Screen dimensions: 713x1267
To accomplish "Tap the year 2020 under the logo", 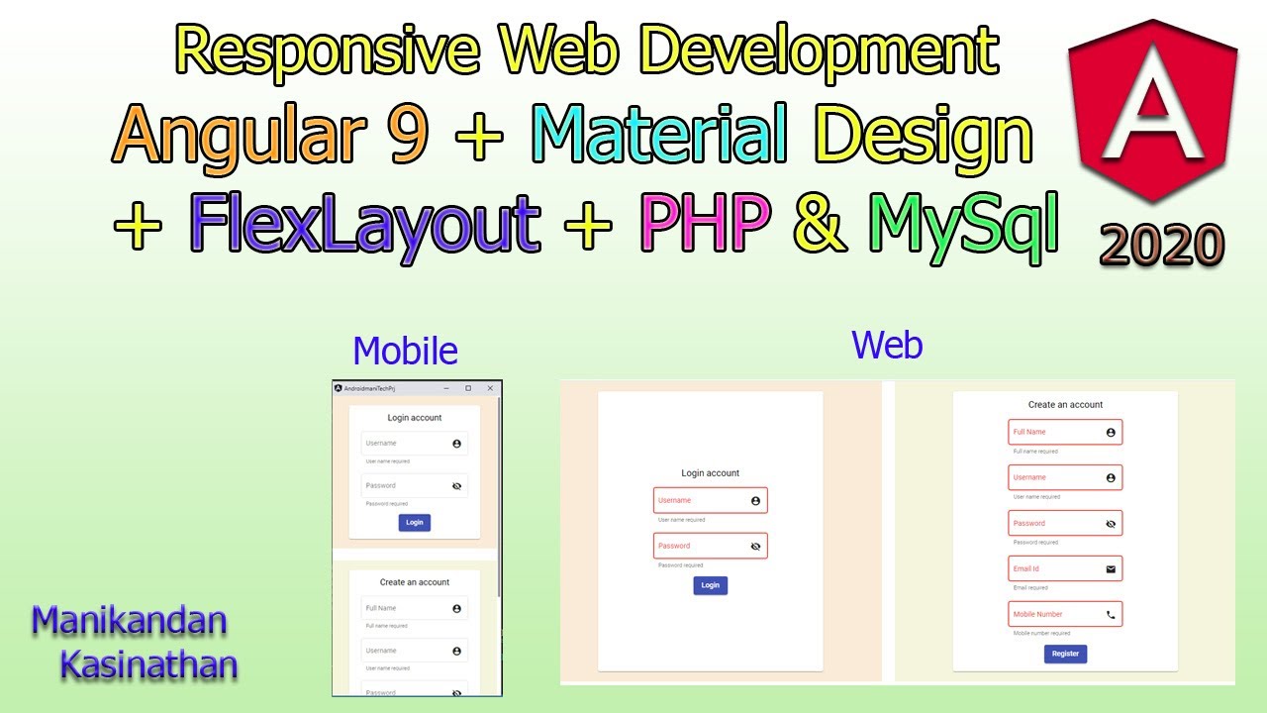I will tap(1162, 244).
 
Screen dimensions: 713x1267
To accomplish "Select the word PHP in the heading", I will tap(705, 225).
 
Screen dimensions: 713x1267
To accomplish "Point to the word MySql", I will tap(964, 225).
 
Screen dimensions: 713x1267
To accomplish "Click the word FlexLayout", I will tap(365, 225).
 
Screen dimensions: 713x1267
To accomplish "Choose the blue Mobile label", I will tap(405, 351).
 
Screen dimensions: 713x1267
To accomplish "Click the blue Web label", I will tap(887, 345).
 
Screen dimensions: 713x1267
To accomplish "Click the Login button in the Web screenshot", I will tap(710, 585).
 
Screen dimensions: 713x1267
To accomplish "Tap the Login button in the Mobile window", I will tap(415, 522).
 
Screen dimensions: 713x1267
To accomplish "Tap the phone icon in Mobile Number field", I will tap(1111, 614).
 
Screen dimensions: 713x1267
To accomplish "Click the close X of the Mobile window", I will tap(490, 388).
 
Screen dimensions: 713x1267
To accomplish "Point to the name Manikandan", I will tap(130, 621).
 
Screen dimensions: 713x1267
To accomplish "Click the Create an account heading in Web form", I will tap(1065, 404).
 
